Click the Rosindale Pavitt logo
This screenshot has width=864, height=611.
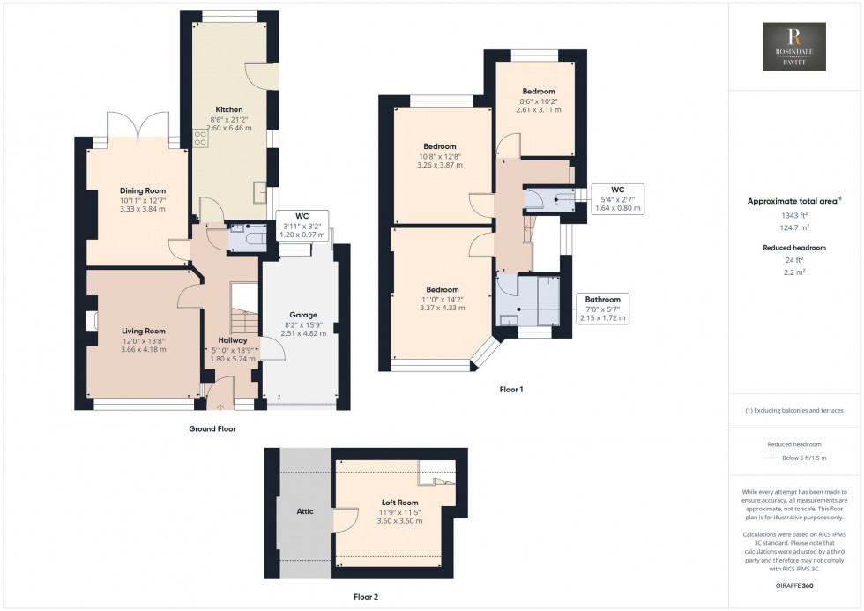795,47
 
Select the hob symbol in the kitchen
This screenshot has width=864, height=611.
199,139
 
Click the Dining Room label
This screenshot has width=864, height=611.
142,190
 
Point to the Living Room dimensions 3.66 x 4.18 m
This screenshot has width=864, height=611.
143,350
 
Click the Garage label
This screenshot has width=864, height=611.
302,315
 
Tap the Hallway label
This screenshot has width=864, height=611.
233,340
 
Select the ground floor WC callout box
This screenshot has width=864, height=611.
302,224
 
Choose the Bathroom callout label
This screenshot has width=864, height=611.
604,309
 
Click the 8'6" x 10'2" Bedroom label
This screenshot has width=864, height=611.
538,92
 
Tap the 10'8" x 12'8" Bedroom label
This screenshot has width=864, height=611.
439,146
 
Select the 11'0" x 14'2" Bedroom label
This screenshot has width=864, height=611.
442,290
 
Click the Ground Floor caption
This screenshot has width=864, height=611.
212,428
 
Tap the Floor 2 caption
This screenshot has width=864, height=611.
362,597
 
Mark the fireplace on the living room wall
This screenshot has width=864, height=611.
91,321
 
